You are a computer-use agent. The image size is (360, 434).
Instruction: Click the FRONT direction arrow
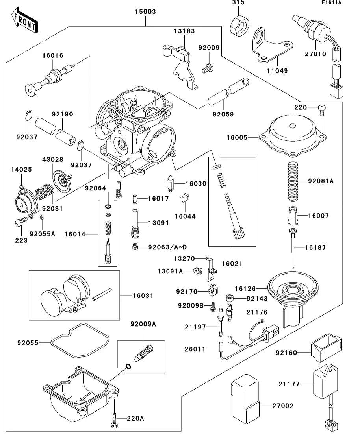pos(24,22)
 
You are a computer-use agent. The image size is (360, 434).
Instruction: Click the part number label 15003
pos(146,12)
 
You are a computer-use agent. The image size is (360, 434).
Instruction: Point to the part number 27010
pos(316,54)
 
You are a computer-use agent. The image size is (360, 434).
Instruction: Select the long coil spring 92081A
pos(293,181)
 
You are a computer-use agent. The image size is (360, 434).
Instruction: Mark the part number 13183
pos(185,31)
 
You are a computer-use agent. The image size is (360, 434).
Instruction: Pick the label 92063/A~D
pos(167,247)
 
